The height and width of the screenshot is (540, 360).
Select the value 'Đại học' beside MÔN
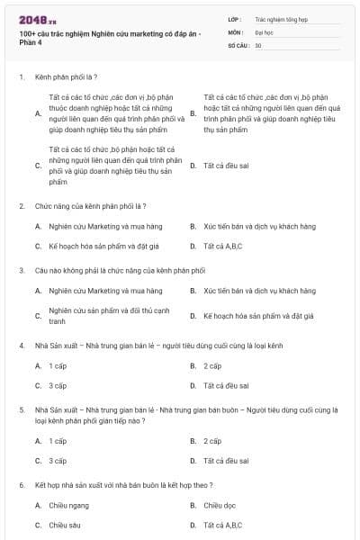262,31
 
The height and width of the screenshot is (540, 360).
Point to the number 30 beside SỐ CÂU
258,45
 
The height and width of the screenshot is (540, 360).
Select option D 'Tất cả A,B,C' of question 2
224,246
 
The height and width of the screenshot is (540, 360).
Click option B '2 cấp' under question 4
212,366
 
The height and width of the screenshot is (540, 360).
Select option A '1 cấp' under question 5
58,441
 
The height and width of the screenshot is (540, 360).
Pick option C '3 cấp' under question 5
58,461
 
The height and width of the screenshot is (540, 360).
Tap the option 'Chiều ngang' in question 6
66,505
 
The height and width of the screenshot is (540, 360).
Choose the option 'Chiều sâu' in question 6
64,525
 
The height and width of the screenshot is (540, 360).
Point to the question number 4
21,346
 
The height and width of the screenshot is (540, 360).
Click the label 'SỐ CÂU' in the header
238,45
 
